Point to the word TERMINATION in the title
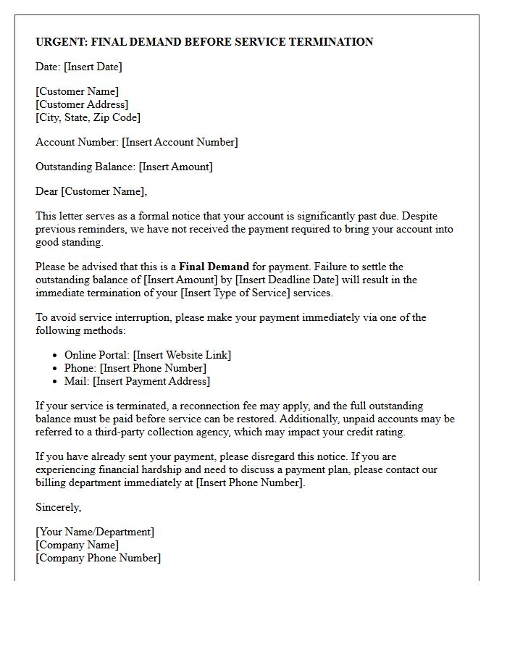click(x=331, y=42)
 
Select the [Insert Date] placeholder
click(x=93, y=67)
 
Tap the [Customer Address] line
click(x=82, y=104)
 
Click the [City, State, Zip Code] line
click(x=88, y=117)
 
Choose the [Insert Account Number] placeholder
click(x=180, y=142)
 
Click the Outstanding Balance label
click(x=85, y=167)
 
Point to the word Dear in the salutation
click(x=46, y=191)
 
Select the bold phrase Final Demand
click(x=214, y=267)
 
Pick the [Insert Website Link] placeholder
click(x=182, y=355)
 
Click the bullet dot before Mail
click(x=56, y=381)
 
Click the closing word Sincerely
click(x=58, y=507)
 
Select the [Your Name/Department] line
click(x=95, y=532)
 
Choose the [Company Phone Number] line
click(x=98, y=558)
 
